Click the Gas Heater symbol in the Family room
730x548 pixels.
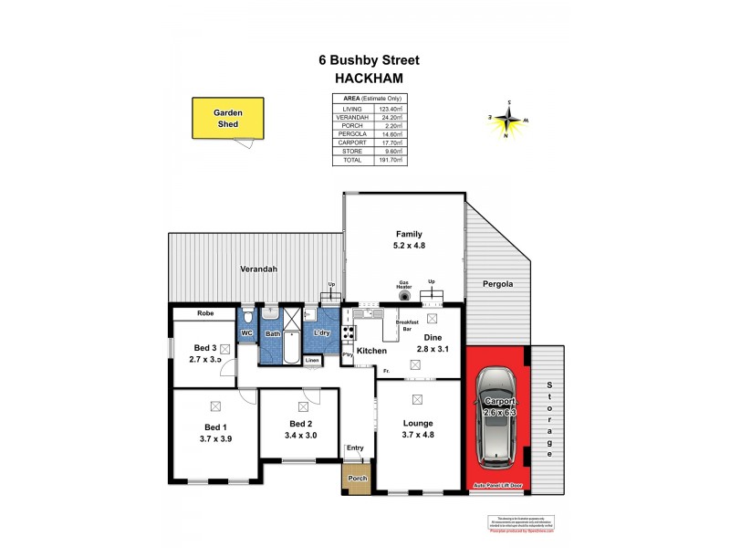click(404, 296)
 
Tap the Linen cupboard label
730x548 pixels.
click(313, 360)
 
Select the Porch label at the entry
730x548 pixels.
click(357, 479)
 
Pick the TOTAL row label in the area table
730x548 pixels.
click(352, 160)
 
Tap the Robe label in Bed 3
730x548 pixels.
click(204, 313)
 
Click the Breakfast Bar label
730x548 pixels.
click(408, 325)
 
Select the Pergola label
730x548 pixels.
click(498, 284)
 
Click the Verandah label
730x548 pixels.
click(258, 269)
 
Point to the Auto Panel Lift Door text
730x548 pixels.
click(497, 484)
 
